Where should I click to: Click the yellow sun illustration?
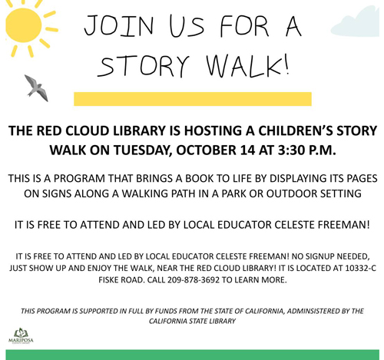click(x=24, y=25)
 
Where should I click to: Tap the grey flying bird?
click(x=36, y=88)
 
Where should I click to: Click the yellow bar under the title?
click(x=193, y=99)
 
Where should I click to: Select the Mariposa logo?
click(x=21, y=336)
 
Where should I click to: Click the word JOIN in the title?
click(x=119, y=25)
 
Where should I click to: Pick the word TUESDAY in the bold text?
click(x=143, y=150)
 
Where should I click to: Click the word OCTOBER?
click(x=207, y=150)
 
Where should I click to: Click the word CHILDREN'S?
click(x=295, y=130)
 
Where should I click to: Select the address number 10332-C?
click(x=360, y=268)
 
